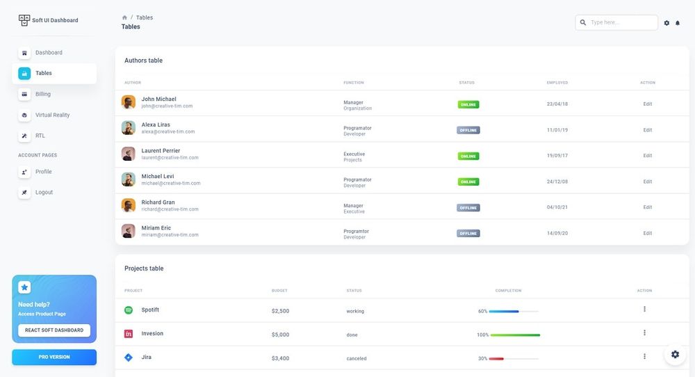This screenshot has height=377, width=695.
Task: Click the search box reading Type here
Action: point(616,23)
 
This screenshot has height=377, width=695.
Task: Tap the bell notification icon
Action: point(677,23)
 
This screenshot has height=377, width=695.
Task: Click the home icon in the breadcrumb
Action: point(124,18)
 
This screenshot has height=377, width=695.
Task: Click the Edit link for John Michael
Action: point(648,104)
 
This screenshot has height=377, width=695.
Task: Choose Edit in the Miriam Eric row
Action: point(648,233)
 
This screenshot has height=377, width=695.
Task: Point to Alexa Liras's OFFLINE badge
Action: point(468,130)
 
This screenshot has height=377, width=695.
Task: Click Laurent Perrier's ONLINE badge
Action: point(468,156)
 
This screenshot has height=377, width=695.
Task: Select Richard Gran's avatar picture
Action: point(129,205)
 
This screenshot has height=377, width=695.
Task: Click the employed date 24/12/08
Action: point(557,182)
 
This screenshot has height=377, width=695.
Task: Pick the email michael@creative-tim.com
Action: point(171,183)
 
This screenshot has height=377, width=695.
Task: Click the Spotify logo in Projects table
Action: point(129,310)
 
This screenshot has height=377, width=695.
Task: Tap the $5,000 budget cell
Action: point(280,335)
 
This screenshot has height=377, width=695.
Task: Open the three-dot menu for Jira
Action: point(644,356)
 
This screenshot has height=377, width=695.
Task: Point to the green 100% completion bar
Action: point(515,335)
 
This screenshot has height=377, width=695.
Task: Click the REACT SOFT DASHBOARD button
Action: point(54,330)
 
